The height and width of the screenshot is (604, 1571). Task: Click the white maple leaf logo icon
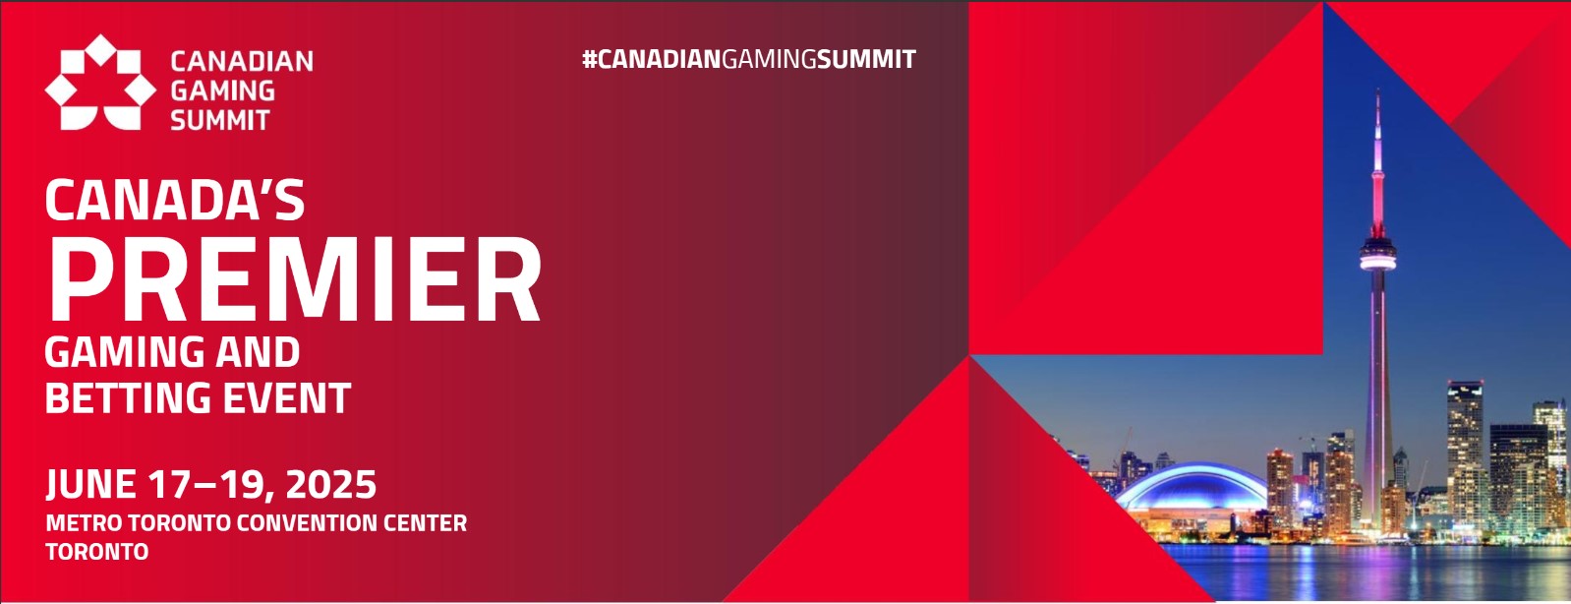(99, 84)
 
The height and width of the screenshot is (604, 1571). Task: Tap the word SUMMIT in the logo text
(219, 121)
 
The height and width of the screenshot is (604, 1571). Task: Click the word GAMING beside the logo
(222, 91)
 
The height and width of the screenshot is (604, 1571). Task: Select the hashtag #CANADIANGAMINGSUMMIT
(748, 59)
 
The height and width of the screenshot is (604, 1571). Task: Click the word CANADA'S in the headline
(175, 201)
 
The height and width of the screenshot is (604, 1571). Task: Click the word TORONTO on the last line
(96, 552)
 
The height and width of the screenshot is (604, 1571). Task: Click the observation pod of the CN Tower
(1377, 258)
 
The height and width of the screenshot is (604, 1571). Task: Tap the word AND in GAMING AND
(259, 352)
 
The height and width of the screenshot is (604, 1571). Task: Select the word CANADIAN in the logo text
(242, 61)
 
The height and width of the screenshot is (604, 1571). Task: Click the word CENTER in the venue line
(426, 523)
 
